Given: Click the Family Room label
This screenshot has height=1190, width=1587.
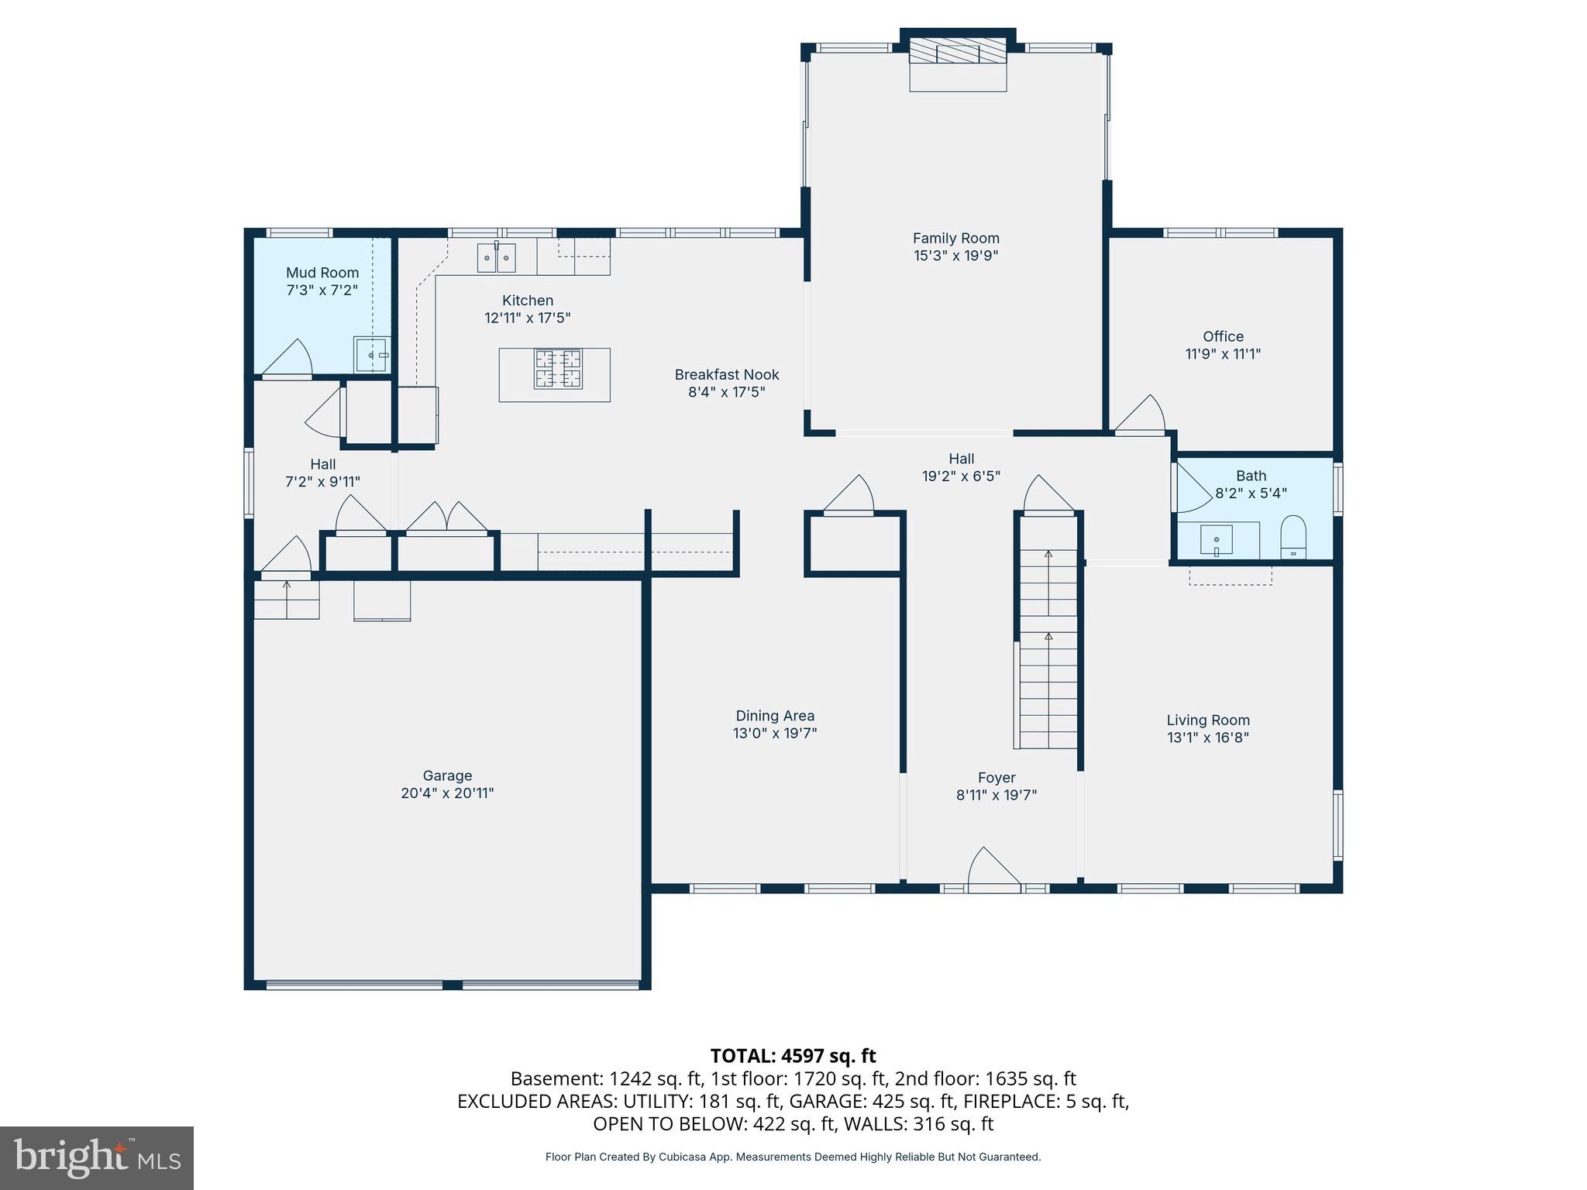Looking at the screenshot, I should (955, 239).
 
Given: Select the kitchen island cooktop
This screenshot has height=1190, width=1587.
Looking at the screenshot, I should (558, 369).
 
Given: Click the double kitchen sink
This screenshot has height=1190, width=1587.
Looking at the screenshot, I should (496, 257).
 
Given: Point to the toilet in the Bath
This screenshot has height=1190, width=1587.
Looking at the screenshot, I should (1293, 537).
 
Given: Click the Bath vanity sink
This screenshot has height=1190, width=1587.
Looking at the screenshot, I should (1217, 540).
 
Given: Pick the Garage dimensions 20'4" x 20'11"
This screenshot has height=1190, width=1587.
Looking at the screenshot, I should (447, 793).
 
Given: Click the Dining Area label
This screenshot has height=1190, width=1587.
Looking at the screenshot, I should (775, 716).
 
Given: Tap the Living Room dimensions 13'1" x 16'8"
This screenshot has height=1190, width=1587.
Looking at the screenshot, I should (1208, 738).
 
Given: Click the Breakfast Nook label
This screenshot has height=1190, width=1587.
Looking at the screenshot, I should (726, 375).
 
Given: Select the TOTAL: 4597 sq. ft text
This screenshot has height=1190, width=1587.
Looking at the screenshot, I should (793, 1056).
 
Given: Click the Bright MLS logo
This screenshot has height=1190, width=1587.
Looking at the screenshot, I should (96, 1157).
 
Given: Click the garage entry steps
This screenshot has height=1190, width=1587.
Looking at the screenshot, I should (287, 600).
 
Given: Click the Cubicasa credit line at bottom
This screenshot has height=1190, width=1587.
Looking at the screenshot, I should (793, 1157).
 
